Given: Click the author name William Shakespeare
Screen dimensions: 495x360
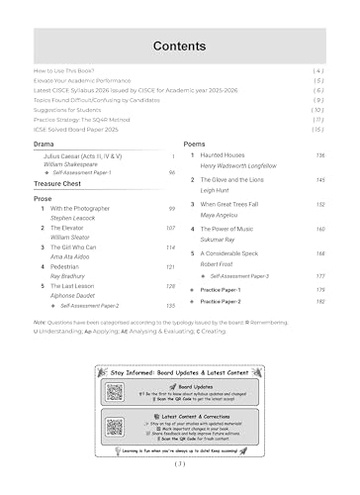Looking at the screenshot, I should [79, 164].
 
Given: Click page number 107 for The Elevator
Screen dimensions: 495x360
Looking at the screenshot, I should [170, 228].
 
